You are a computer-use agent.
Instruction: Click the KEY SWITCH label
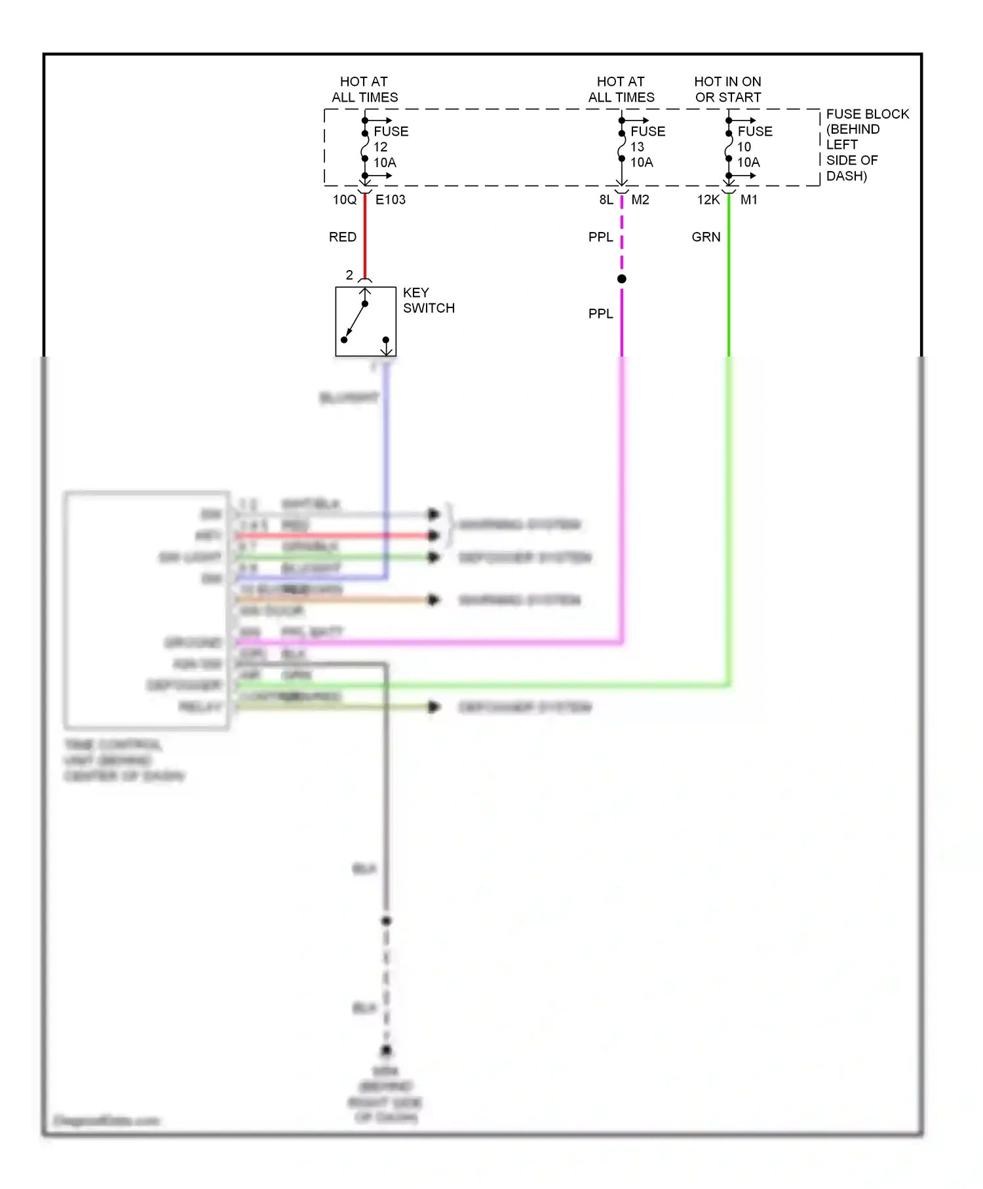428,300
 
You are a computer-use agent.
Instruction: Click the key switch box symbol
365,321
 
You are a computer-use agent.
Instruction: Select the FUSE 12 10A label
391,147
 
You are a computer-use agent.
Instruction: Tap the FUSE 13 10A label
647,147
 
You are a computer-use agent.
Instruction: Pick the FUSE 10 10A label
754,147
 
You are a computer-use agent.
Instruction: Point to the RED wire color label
342,237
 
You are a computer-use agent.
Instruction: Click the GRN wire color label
706,237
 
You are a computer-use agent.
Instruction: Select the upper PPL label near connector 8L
600,237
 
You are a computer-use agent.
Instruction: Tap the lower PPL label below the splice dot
600,314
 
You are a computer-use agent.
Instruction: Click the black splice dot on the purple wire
621,279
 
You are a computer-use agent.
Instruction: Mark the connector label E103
390,200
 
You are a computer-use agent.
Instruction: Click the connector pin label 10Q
344,200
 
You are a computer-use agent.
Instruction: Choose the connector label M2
640,200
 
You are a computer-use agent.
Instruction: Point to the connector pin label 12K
708,200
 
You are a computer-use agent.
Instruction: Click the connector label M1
748,200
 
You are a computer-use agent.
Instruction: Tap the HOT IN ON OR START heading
727,90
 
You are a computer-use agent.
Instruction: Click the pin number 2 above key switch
349,275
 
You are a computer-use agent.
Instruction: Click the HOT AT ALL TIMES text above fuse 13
621,90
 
